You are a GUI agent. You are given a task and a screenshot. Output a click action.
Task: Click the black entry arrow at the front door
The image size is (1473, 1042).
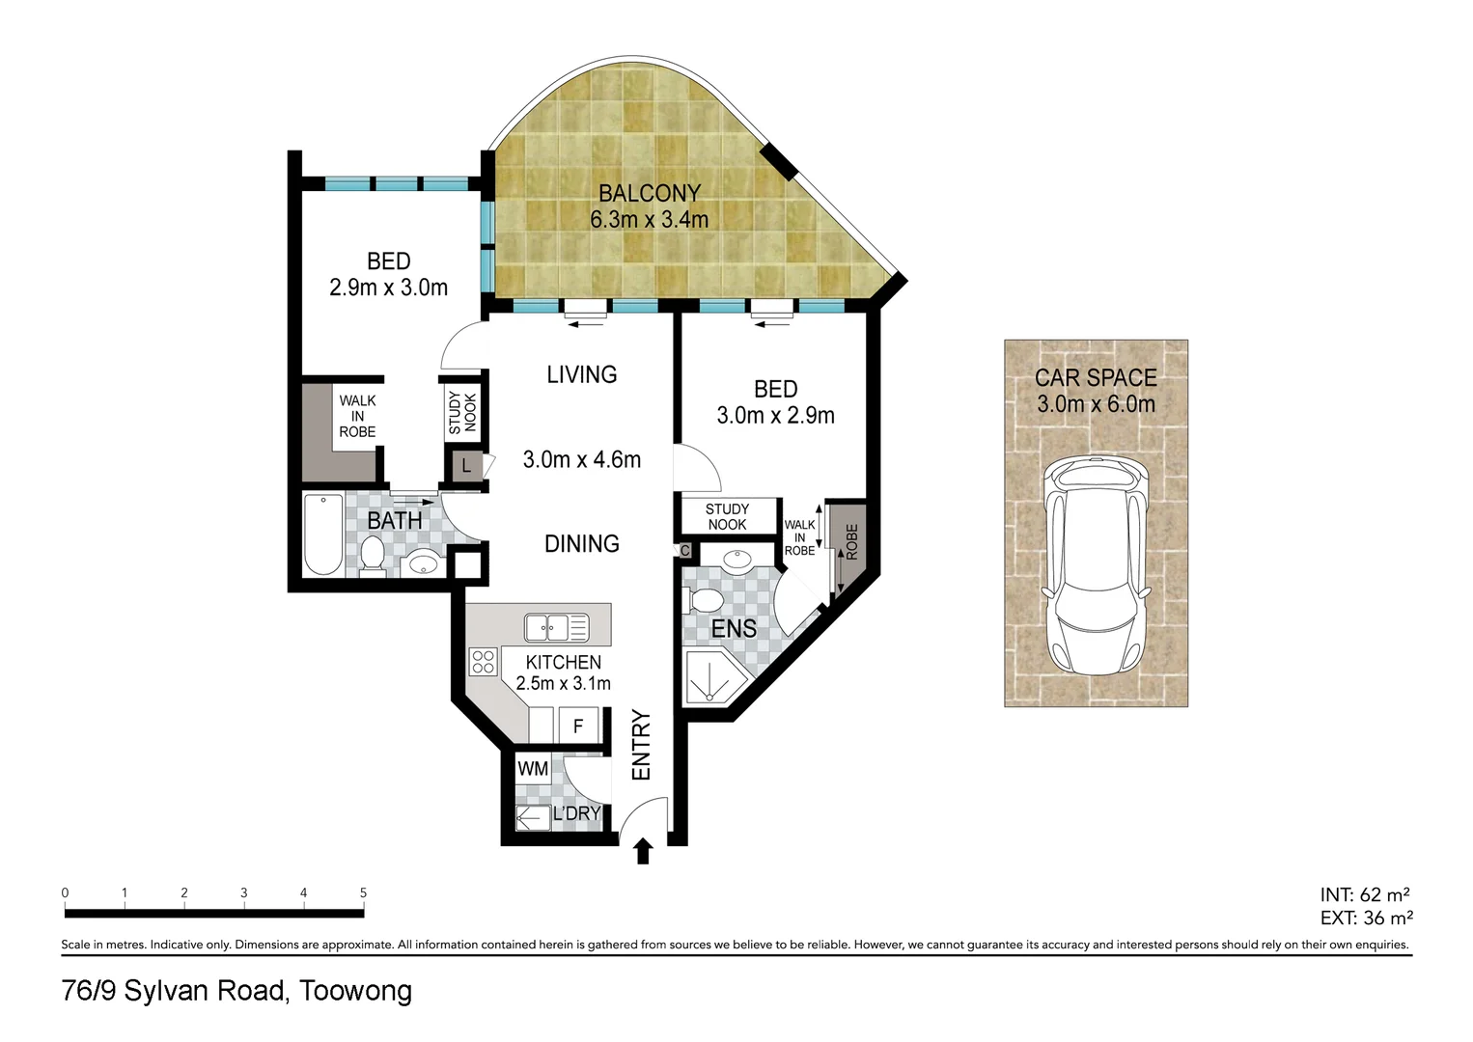tap(643, 851)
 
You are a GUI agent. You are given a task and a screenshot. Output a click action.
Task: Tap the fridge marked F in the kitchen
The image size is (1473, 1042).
tap(578, 726)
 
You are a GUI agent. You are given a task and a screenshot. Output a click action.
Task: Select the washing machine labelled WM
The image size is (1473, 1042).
tap(533, 769)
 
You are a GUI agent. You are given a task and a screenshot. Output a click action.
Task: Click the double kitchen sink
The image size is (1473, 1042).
tap(556, 627)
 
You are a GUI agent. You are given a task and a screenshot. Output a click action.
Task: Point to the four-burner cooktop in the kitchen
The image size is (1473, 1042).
tap(483, 662)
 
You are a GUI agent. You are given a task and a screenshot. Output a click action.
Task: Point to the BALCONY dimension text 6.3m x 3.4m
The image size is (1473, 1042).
tap(649, 220)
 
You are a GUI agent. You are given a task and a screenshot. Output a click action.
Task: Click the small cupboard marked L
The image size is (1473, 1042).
tap(466, 466)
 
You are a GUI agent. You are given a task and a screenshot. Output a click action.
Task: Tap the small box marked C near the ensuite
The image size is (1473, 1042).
tap(684, 551)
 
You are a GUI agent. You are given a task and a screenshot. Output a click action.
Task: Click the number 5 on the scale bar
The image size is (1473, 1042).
tap(363, 893)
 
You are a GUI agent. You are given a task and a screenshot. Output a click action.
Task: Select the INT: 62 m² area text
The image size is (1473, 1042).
tap(1364, 894)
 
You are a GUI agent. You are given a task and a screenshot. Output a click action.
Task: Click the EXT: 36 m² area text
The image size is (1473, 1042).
tap(1366, 919)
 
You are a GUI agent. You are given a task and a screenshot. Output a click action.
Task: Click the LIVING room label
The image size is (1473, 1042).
tap(581, 374)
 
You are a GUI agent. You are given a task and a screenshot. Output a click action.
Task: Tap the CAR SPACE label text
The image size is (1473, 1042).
tap(1096, 378)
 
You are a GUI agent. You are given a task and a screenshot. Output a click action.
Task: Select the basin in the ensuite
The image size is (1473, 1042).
tap(737, 558)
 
